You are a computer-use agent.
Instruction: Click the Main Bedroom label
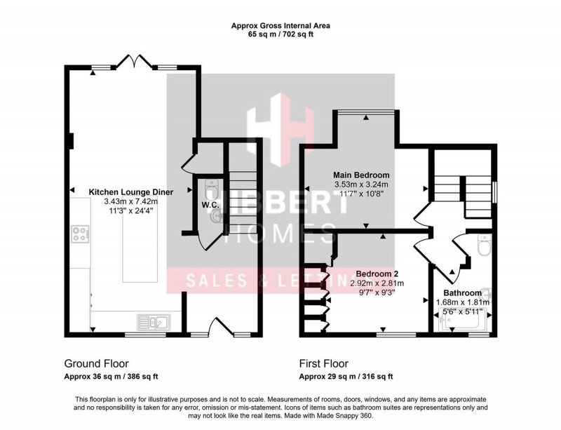pos(362,175)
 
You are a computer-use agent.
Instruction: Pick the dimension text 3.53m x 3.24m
pos(362,185)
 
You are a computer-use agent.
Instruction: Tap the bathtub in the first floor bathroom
pos(464,323)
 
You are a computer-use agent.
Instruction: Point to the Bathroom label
pos(462,293)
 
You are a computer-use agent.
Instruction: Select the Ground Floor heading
pos(93,363)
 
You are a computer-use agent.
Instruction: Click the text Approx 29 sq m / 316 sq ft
pos(346,377)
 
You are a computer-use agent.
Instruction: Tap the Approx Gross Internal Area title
pos(280,26)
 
